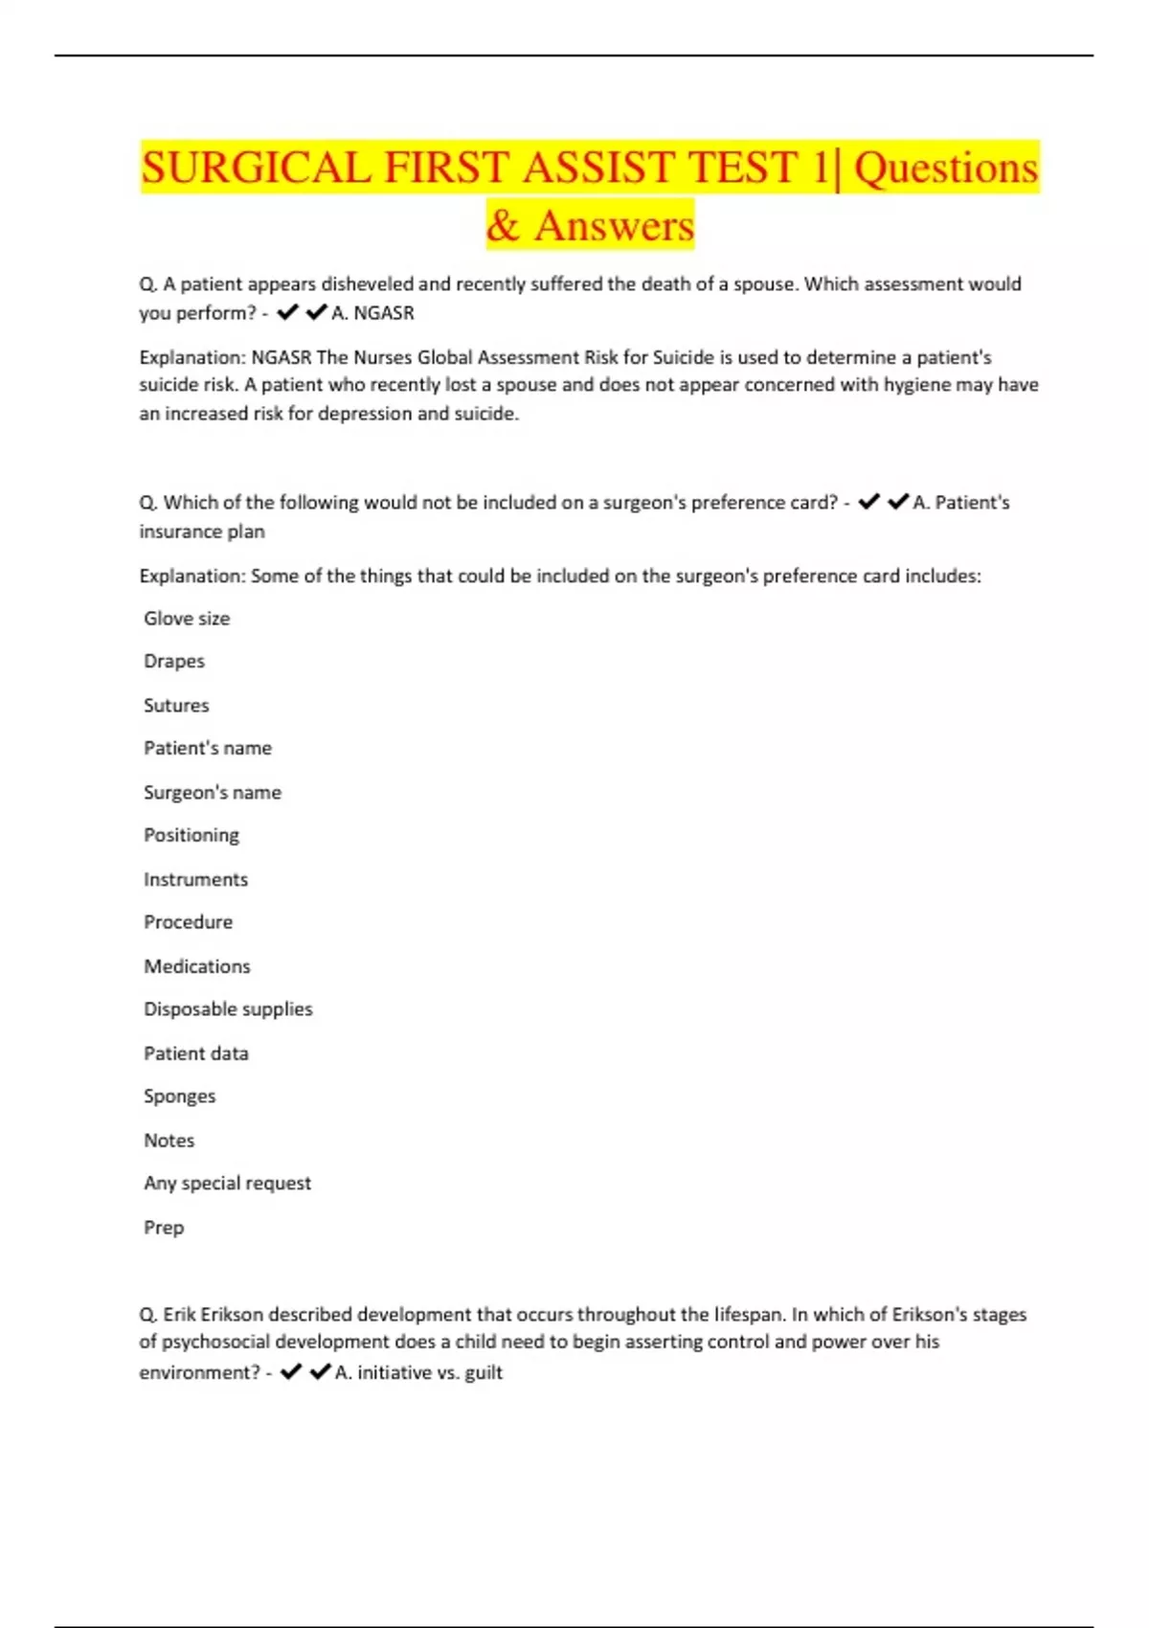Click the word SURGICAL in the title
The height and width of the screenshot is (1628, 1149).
256,168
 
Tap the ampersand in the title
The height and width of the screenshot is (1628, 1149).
503,226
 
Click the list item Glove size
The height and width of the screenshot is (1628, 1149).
187,619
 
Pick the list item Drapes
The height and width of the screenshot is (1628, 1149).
174,662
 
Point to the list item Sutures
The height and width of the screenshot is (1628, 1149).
176,706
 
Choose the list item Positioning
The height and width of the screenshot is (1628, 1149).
191,835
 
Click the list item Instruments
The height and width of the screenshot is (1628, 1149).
195,879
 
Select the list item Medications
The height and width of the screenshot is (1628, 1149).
197,966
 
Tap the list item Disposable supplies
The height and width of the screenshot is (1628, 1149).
228,1009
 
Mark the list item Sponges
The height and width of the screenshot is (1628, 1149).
180,1097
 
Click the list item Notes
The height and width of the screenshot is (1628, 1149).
169,1141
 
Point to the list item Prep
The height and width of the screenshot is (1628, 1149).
164,1228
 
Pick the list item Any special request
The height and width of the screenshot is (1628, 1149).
227,1184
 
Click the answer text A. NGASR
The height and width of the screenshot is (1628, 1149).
372,313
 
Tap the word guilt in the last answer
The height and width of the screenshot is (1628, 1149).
484,1372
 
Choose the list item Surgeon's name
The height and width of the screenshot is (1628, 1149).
213,793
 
